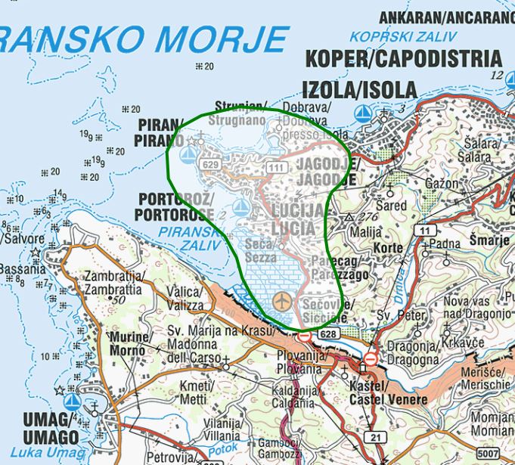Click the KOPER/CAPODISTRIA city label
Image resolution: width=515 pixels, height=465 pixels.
[x=402, y=59]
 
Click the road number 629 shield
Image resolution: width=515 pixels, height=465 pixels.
[x=211, y=164]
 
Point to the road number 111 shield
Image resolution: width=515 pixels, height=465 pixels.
[x=275, y=166]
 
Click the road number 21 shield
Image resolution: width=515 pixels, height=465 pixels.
[x=375, y=437]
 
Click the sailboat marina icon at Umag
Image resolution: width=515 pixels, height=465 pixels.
[x=72, y=401]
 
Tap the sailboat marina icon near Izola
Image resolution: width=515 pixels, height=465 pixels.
[x=364, y=113]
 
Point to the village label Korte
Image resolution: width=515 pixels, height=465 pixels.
[x=387, y=247]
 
